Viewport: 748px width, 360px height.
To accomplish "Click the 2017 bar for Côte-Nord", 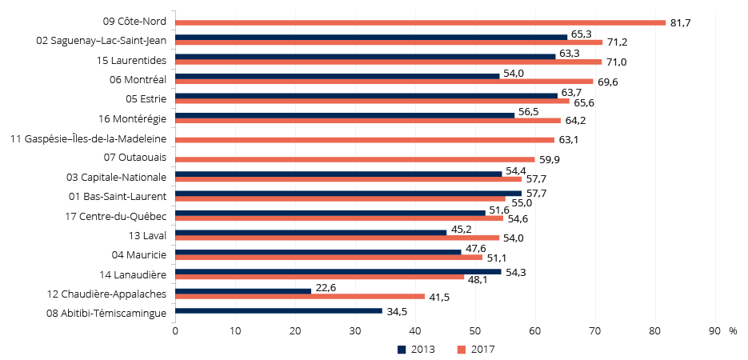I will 420,22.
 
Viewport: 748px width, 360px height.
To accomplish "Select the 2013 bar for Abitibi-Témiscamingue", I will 278,310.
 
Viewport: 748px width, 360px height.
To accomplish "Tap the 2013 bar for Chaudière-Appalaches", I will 243,291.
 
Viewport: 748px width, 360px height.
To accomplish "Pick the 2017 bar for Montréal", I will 384,81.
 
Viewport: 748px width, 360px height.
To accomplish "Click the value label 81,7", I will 680,22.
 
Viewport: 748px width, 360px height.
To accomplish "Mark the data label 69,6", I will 609,82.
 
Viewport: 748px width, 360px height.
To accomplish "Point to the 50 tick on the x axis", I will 475,330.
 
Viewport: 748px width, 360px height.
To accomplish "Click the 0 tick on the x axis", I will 175,330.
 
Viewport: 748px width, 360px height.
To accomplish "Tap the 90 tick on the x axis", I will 714,330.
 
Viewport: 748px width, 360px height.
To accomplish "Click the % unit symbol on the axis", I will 732,330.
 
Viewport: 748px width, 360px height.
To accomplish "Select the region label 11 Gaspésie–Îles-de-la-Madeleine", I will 88,138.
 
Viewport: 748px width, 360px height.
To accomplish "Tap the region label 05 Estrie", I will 146,99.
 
